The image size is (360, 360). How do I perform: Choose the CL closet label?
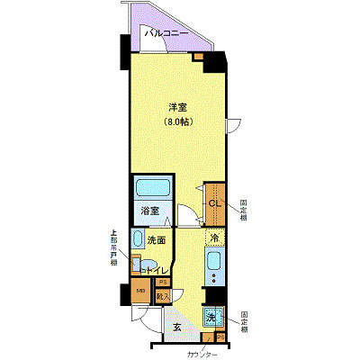[x=214, y=203]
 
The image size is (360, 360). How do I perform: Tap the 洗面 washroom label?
[x=157, y=240]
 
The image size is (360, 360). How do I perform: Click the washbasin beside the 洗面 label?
[x=138, y=239]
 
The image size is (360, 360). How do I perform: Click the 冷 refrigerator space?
[x=214, y=238]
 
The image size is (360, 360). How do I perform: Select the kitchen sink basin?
[x=214, y=263]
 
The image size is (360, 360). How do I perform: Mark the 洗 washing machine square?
[x=211, y=317]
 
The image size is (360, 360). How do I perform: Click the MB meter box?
[x=140, y=292]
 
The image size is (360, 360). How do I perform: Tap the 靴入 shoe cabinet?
[x=163, y=296]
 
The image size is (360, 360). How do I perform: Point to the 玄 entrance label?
[x=176, y=328]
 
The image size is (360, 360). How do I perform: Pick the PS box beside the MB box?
[x=163, y=283]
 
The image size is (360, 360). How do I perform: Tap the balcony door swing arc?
[x=233, y=125]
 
